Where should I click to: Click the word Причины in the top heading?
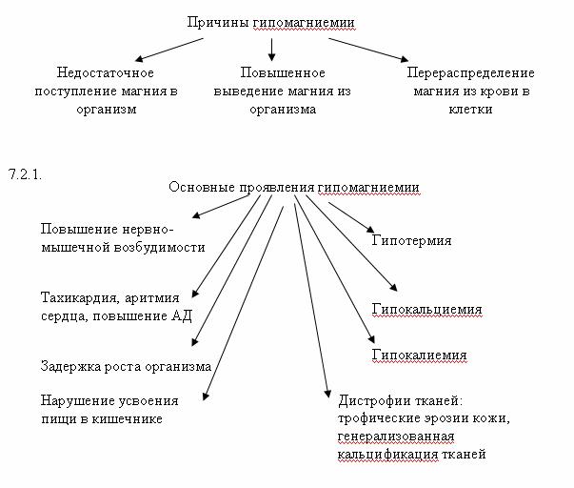(x=218, y=23)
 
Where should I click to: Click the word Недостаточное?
(x=106, y=72)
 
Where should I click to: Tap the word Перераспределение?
(x=471, y=73)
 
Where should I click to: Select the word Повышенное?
(x=283, y=72)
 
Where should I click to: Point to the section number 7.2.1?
(x=25, y=174)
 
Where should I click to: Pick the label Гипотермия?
(x=411, y=241)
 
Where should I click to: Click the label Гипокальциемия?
(x=426, y=310)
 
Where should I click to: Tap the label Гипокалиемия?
(x=419, y=355)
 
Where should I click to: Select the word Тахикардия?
(x=80, y=297)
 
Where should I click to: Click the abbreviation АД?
(x=182, y=315)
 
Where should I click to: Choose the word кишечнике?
(x=127, y=419)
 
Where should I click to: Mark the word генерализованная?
(x=396, y=437)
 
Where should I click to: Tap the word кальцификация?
(x=387, y=455)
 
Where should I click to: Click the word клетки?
(x=470, y=110)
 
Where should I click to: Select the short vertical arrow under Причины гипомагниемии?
(x=271, y=50)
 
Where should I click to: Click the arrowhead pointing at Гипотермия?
(x=370, y=230)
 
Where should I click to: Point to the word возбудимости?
(x=159, y=247)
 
